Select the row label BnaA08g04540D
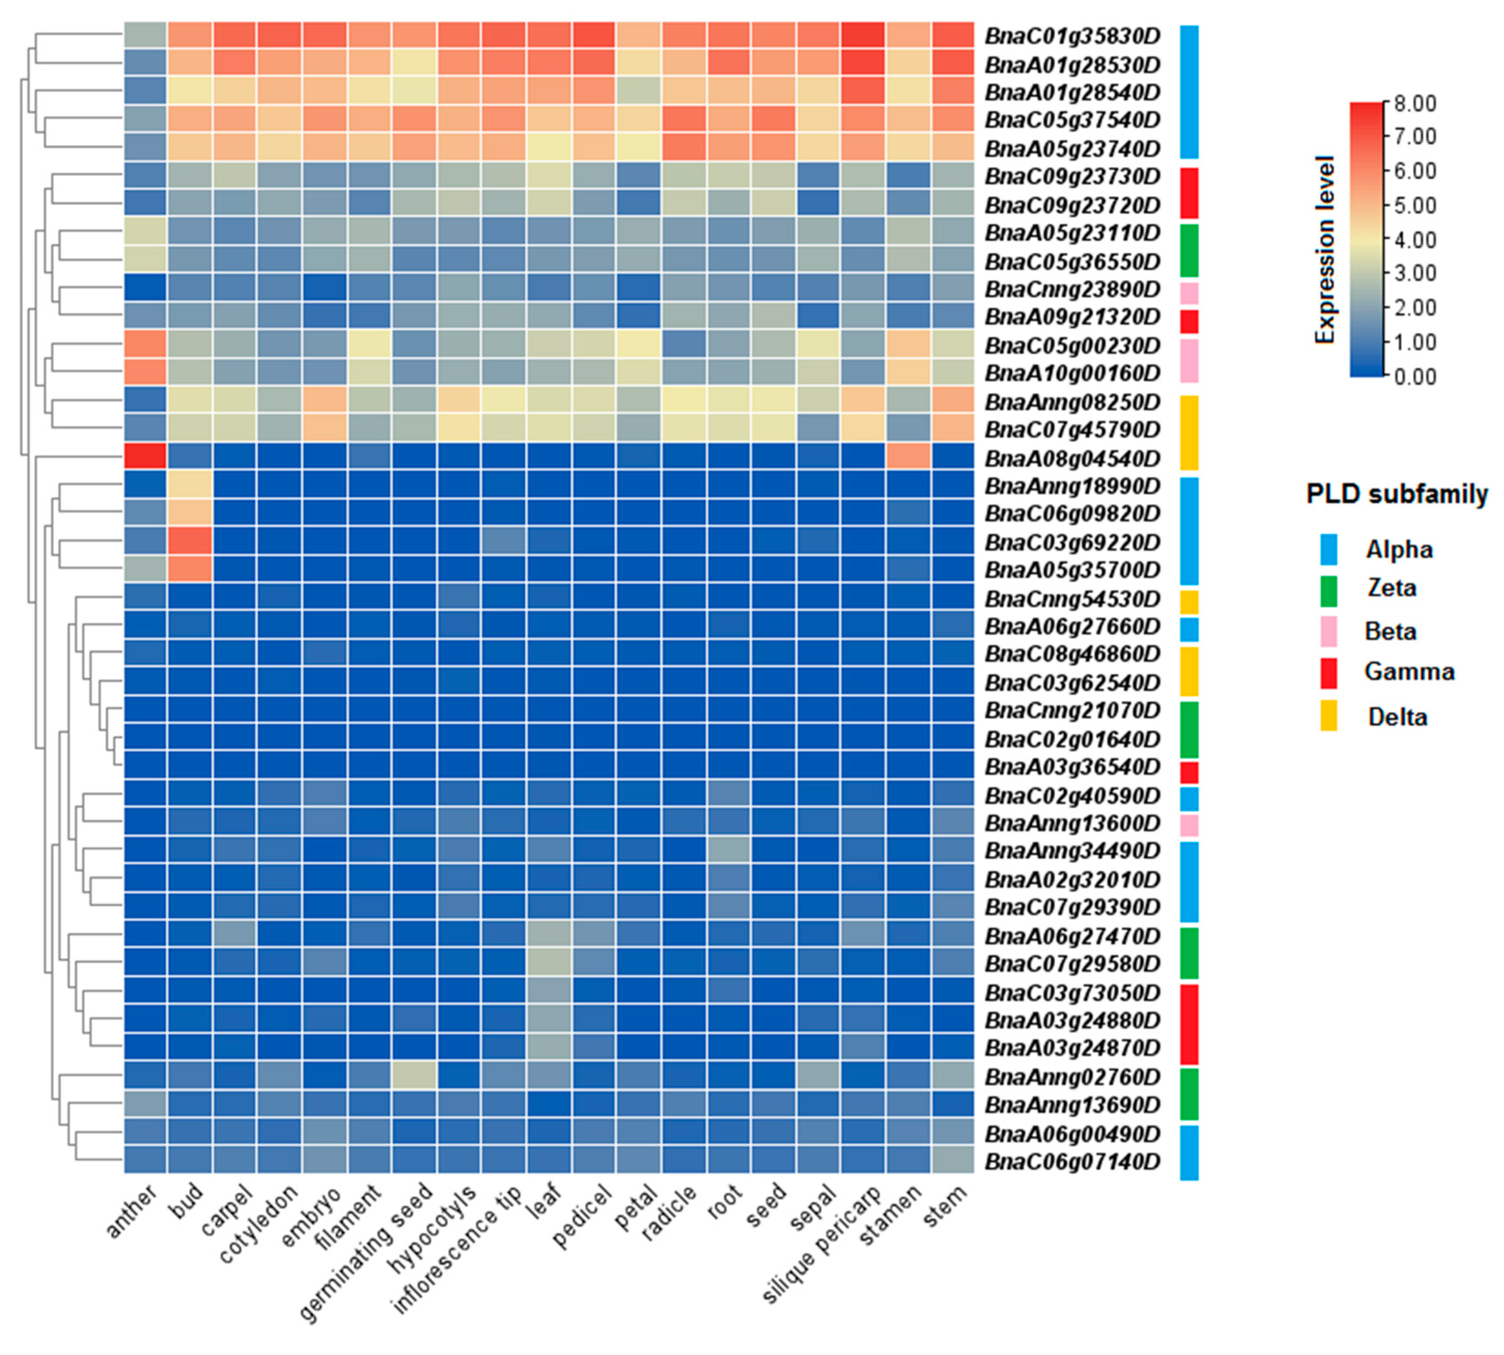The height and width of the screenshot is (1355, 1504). (1071, 458)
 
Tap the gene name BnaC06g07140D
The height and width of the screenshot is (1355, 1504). (1071, 1161)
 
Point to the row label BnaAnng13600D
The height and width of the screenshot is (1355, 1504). (1071, 823)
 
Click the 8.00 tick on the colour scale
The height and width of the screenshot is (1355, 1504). (1413, 103)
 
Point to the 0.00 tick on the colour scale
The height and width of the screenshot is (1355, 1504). (1413, 377)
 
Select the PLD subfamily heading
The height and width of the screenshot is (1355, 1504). (1396, 494)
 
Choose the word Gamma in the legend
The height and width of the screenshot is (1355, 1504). (1408, 672)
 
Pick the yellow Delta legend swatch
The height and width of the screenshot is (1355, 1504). (1329, 715)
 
